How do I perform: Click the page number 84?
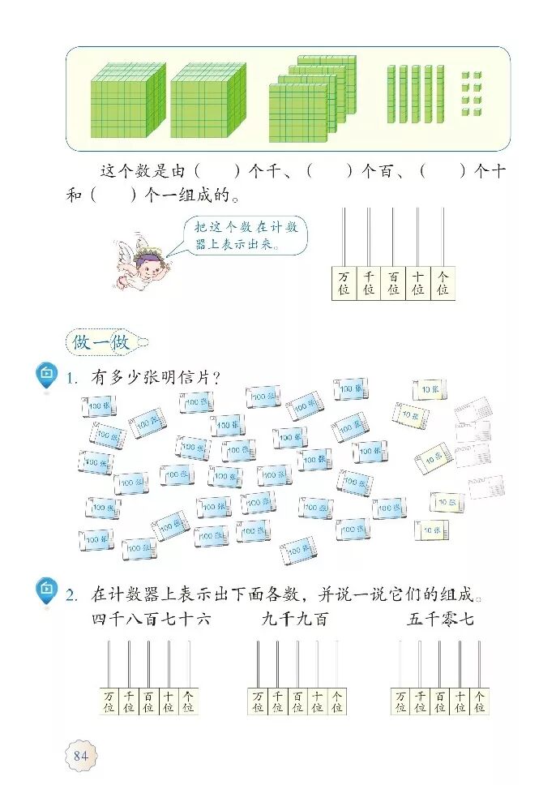(80, 756)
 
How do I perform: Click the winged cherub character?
(144, 260)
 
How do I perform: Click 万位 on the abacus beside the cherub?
(344, 283)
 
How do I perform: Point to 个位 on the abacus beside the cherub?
(443, 283)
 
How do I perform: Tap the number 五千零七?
(440, 620)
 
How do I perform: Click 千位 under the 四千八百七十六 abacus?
(128, 701)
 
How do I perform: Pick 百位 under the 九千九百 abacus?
(297, 701)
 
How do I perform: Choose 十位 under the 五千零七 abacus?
(460, 701)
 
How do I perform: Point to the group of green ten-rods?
(415, 94)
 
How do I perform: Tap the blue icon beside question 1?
(47, 374)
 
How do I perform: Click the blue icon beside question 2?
(47, 590)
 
